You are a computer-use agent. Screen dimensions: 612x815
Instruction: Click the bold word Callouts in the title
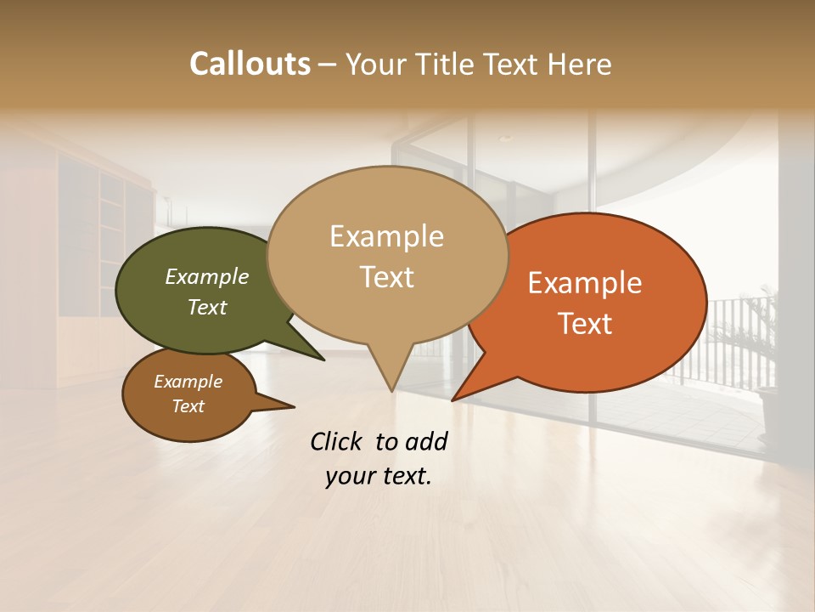(250, 64)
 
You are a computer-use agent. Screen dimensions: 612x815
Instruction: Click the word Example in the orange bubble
(585, 283)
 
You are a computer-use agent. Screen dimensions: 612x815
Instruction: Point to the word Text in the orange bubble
(586, 324)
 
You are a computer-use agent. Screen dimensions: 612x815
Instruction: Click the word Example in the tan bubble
(386, 236)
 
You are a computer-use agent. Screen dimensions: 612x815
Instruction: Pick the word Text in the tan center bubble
(387, 277)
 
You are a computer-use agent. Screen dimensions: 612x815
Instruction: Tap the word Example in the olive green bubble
(206, 277)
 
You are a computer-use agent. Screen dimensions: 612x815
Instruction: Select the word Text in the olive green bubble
(207, 307)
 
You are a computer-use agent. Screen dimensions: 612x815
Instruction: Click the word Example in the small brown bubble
(188, 382)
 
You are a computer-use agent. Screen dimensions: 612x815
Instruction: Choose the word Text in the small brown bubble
(188, 406)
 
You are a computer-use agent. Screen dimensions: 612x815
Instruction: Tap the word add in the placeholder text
(426, 441)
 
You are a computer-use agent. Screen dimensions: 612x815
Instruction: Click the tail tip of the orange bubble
(453, 399)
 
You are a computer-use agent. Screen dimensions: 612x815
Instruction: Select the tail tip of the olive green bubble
(323, 360)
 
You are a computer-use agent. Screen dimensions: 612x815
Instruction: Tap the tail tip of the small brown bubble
(294, 407)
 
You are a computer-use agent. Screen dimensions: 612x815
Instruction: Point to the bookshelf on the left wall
(110, 255)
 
